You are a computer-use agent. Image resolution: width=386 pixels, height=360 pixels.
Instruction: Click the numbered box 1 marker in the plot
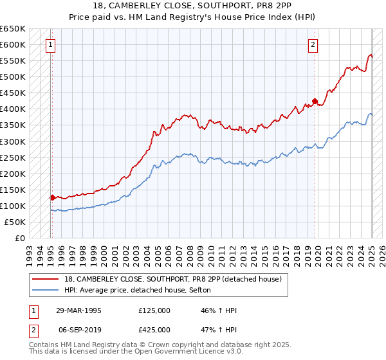point(50,45)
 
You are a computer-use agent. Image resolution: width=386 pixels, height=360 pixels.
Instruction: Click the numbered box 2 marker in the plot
point(313,45)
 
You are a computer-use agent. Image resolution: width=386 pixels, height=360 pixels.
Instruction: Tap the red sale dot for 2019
point(315,101)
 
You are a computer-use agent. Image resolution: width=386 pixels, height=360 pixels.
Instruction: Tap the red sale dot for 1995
point(52,197)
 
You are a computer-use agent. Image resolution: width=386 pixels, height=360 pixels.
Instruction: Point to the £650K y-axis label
point(13,29)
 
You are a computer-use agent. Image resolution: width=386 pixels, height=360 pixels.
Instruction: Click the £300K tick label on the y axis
point(13,141)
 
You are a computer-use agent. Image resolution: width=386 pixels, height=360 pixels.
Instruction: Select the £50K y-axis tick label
point(15,222)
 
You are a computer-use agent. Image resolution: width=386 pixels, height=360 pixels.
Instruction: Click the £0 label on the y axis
point(21,238)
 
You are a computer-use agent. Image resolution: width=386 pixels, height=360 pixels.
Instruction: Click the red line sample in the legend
point(46,279)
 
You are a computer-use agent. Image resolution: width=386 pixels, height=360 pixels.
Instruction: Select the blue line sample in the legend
point(46,291)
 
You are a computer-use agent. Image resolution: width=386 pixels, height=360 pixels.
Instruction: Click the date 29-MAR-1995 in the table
point(78,310)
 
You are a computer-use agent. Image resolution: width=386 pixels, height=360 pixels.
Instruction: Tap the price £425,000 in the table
point(154,330)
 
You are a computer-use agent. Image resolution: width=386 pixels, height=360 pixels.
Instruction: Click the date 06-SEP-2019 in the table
point(78,330)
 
